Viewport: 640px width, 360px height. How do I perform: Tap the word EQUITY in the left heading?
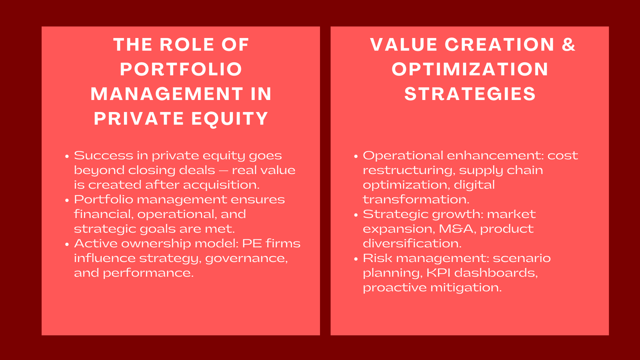(x=230, y=118)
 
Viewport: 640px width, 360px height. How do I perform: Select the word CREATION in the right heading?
(x=500, y=44)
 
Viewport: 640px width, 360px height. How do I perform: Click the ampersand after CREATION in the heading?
(x=568, y=44)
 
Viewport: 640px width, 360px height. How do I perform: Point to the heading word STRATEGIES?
(x=470, y=94)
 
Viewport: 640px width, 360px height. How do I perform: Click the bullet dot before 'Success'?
(x=67, y=156)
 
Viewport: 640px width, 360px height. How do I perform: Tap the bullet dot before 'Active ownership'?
(x=67, y=244)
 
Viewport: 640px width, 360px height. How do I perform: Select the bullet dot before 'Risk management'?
(x=356, y=259)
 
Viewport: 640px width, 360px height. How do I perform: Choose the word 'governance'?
(x=246, y=258)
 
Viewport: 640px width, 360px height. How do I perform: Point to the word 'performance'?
(x=148, y=273)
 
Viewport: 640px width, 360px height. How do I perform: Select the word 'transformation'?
(x=416, y=200)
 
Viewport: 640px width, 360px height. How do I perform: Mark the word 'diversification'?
(x=412, y=244)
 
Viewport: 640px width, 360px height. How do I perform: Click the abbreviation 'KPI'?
(x=438, y=273)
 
